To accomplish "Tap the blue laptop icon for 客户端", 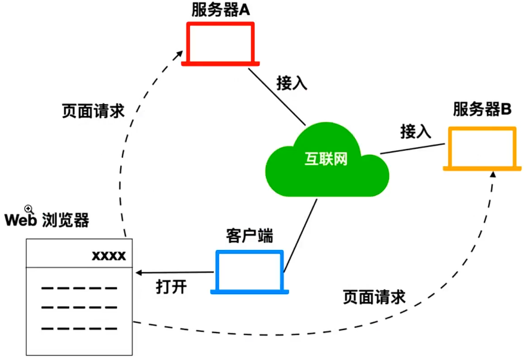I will (250, 272).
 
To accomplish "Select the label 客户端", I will (250, 235).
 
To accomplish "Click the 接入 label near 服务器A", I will (292, 83).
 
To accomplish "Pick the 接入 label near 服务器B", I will (416, 130).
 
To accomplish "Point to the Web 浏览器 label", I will (47, 220).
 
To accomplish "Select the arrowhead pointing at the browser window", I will (139, 273).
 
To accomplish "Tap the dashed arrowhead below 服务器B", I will (492, 175).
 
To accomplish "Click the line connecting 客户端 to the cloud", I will (299, 235).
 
